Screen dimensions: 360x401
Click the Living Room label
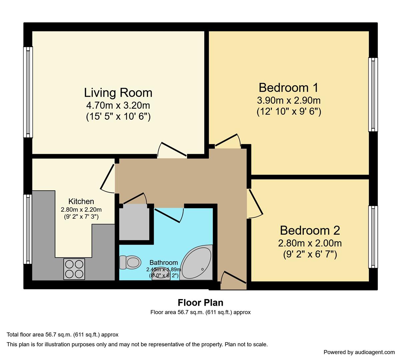pos(118,93)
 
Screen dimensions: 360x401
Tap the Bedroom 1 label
pos(288,88)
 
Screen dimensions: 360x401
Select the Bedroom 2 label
pos(310,230)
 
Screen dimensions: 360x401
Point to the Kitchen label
pos(81,201)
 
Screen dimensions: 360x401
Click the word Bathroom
pos(163,263)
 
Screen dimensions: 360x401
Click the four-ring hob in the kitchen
pos(74,269)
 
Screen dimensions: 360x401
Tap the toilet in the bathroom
pos(129,262)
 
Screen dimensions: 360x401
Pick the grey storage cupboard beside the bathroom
pos(134,222)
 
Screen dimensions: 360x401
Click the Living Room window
pos(28,92)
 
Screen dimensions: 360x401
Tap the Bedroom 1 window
pos(373,94)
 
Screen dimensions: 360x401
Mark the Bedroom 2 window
pos(373,237)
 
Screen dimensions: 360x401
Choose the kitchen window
pos(28,229)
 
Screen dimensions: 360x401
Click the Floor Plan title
pos(200,303)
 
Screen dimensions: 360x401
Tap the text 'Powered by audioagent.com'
pos(359,352)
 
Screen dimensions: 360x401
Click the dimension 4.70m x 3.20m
pos(118,106)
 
